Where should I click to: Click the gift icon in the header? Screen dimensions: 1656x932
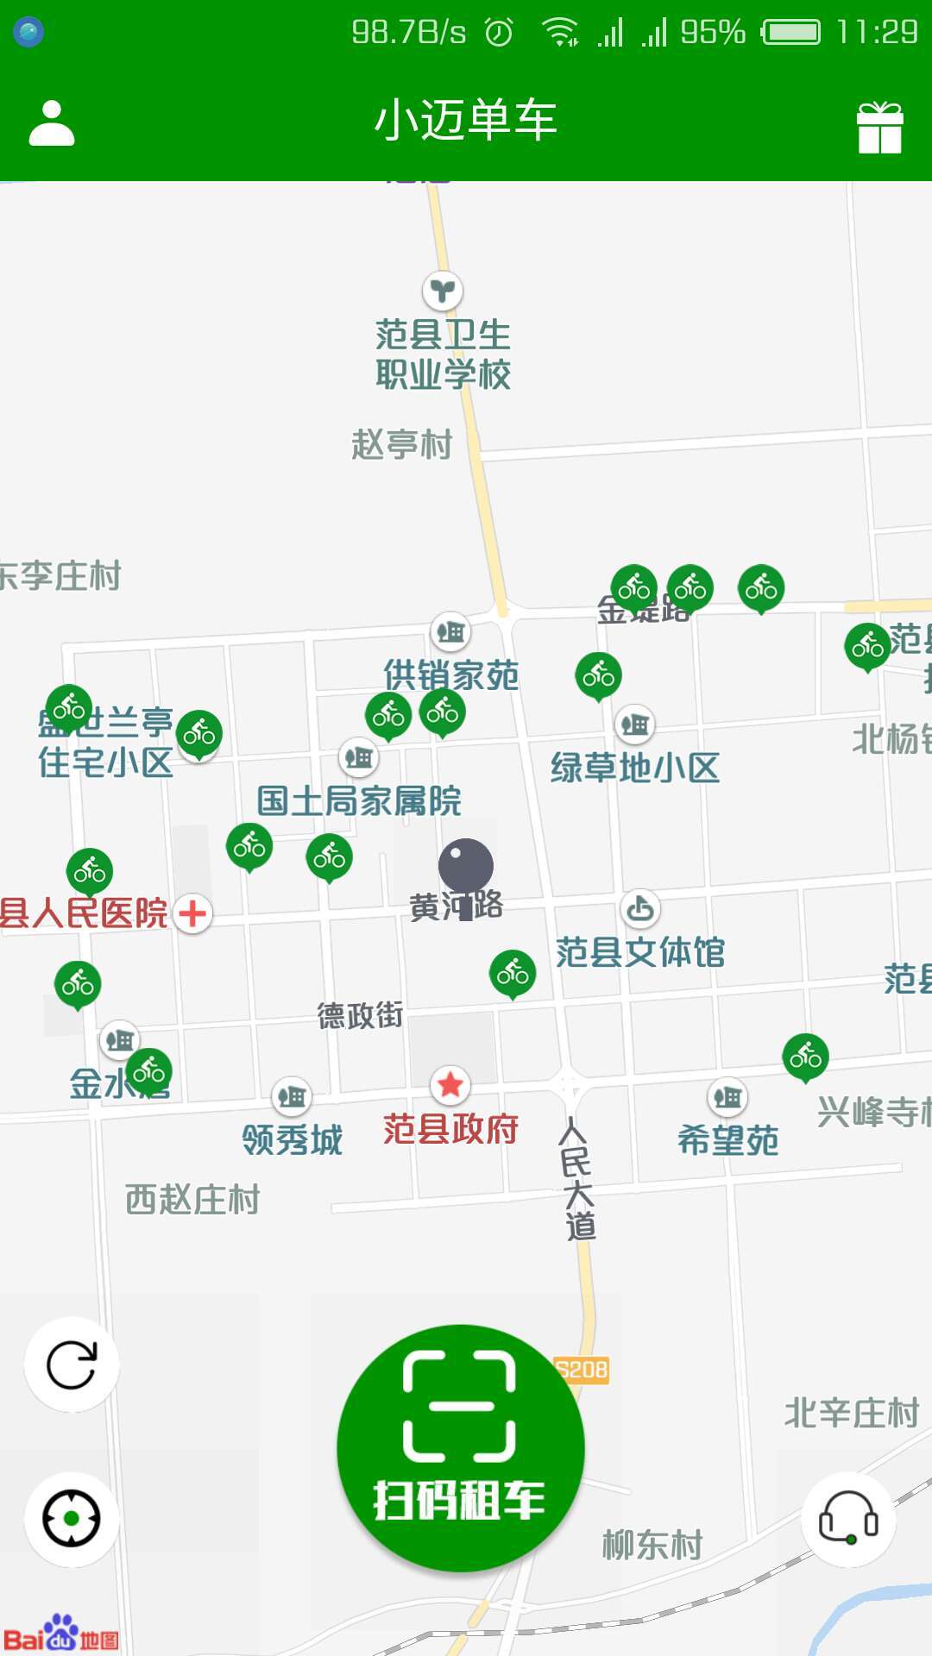(x=879, y=128)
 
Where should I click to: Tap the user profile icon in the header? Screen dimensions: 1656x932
(x=52, y=123)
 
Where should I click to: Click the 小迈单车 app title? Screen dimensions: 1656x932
(x=465, y=120)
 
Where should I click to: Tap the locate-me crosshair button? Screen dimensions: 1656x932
(x=71, y=1518)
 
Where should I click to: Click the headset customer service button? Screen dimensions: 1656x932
(x=848, y=1518)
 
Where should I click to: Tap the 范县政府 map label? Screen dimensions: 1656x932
(x=450, y=1129)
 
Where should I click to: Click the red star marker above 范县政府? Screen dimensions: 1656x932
(x=450, y=1085)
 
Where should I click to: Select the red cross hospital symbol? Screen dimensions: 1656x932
(x=192, y=913)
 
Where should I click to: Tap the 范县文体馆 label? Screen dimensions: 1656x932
(x=639, y=952)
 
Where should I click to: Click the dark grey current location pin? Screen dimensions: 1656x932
(x=466, y=867)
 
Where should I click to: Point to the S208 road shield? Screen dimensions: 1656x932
(x=582, y=1370)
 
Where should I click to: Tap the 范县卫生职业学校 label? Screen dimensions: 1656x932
(x=443, y=354)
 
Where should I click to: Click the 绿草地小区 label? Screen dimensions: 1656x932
(x=634, y=768)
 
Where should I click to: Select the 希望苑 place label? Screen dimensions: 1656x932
(x=727, y=1140)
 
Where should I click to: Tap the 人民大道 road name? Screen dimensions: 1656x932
(x=576, y=1179)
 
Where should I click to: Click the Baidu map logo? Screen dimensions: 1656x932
(x=60, y=1634)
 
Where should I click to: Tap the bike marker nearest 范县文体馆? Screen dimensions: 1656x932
(x=513, y=973)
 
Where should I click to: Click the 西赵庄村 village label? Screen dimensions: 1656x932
(x=192, y=1200)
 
